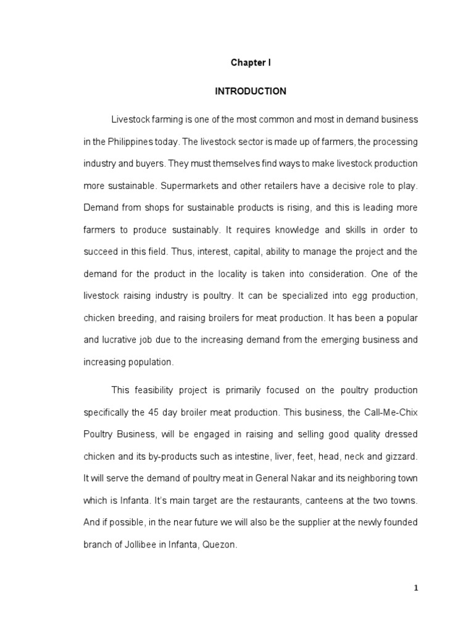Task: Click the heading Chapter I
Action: [250, 63]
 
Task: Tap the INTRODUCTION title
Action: [250, 91]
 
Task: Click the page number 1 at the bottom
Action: [416, 588]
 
